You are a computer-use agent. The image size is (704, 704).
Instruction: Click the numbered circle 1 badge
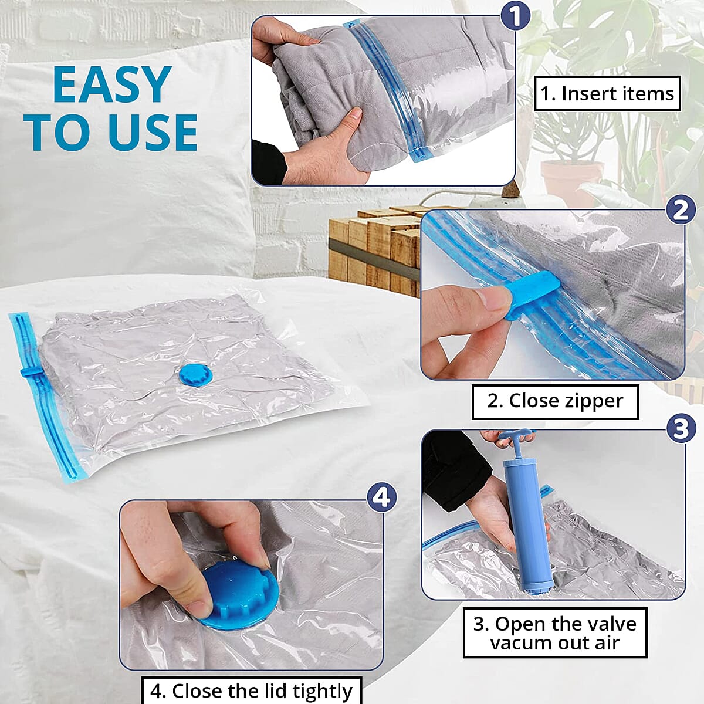[x=515, y=16]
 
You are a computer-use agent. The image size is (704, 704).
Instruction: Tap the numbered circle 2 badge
[x=681, y=210]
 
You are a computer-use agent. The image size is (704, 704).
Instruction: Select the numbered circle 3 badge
[x=681, y=428]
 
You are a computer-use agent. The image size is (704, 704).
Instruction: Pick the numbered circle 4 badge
[x=381, y=497]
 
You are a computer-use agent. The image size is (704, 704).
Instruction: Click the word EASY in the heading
[x=111, y=86]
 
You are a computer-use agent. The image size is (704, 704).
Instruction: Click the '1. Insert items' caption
[x=607, y=94]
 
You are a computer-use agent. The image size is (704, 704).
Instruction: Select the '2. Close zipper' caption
[x=555, y=401]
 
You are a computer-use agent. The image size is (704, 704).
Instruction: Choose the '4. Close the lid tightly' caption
[x=252, y=691]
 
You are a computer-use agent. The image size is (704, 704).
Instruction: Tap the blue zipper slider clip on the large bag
[x=29, y=373]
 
